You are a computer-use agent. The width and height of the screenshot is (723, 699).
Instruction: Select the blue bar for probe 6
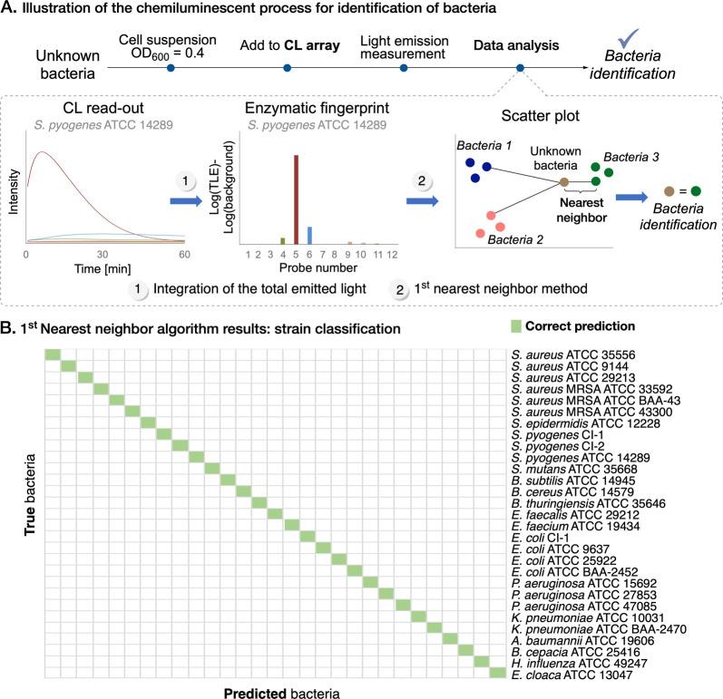[x=309, y=235]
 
